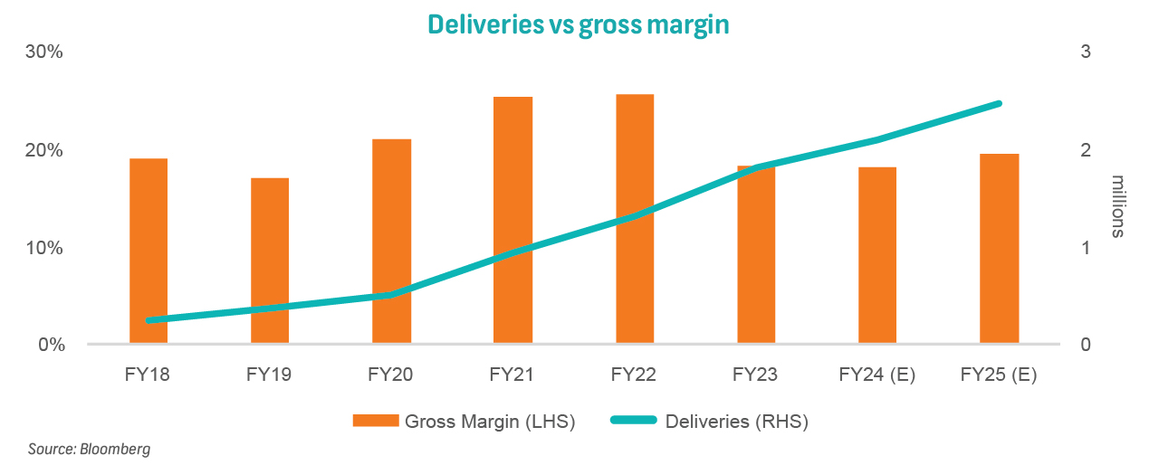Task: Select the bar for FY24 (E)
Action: (876, 255)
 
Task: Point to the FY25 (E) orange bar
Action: (999, 249)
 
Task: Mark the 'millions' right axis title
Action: (1117, 206)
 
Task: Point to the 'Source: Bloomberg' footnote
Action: (89, 449)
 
